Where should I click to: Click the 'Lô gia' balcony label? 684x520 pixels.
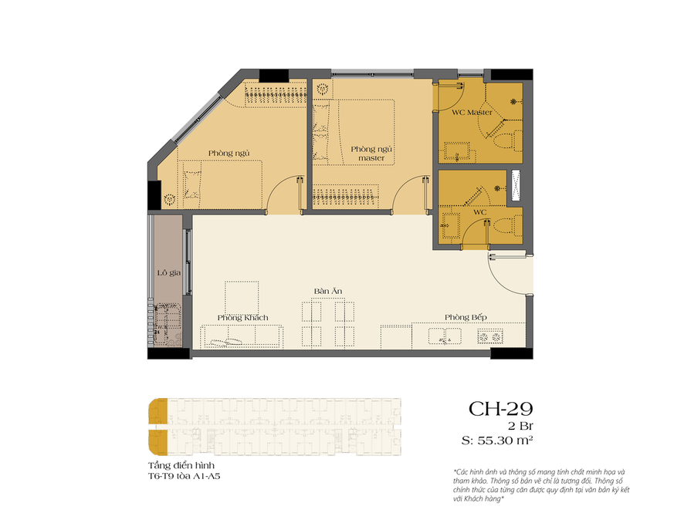pos(169,273)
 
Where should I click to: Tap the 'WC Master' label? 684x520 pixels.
pos(472,113)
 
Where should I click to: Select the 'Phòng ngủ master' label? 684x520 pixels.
pos(371,154)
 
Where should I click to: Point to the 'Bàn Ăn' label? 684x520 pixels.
pos(328,291)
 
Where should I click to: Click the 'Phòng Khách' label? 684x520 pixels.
pos(242,318)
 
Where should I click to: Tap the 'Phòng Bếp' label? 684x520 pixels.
pos(466,317)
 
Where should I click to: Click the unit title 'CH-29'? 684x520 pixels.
pos(501,409)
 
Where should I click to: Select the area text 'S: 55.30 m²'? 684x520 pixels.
pos(497,441)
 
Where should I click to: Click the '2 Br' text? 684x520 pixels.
pos(520,426)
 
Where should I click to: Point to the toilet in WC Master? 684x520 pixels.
pos(507,140)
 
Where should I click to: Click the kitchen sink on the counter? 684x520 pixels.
pos(445,336)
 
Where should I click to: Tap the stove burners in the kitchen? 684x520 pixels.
pos(490,336)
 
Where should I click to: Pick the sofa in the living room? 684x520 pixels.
pos(241,336)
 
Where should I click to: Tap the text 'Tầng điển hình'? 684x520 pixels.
pos(181,466)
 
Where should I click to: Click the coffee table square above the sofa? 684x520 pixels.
pos(242,297)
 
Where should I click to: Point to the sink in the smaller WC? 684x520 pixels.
pos(452,225)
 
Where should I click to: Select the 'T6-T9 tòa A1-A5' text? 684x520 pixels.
pos(184,476)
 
